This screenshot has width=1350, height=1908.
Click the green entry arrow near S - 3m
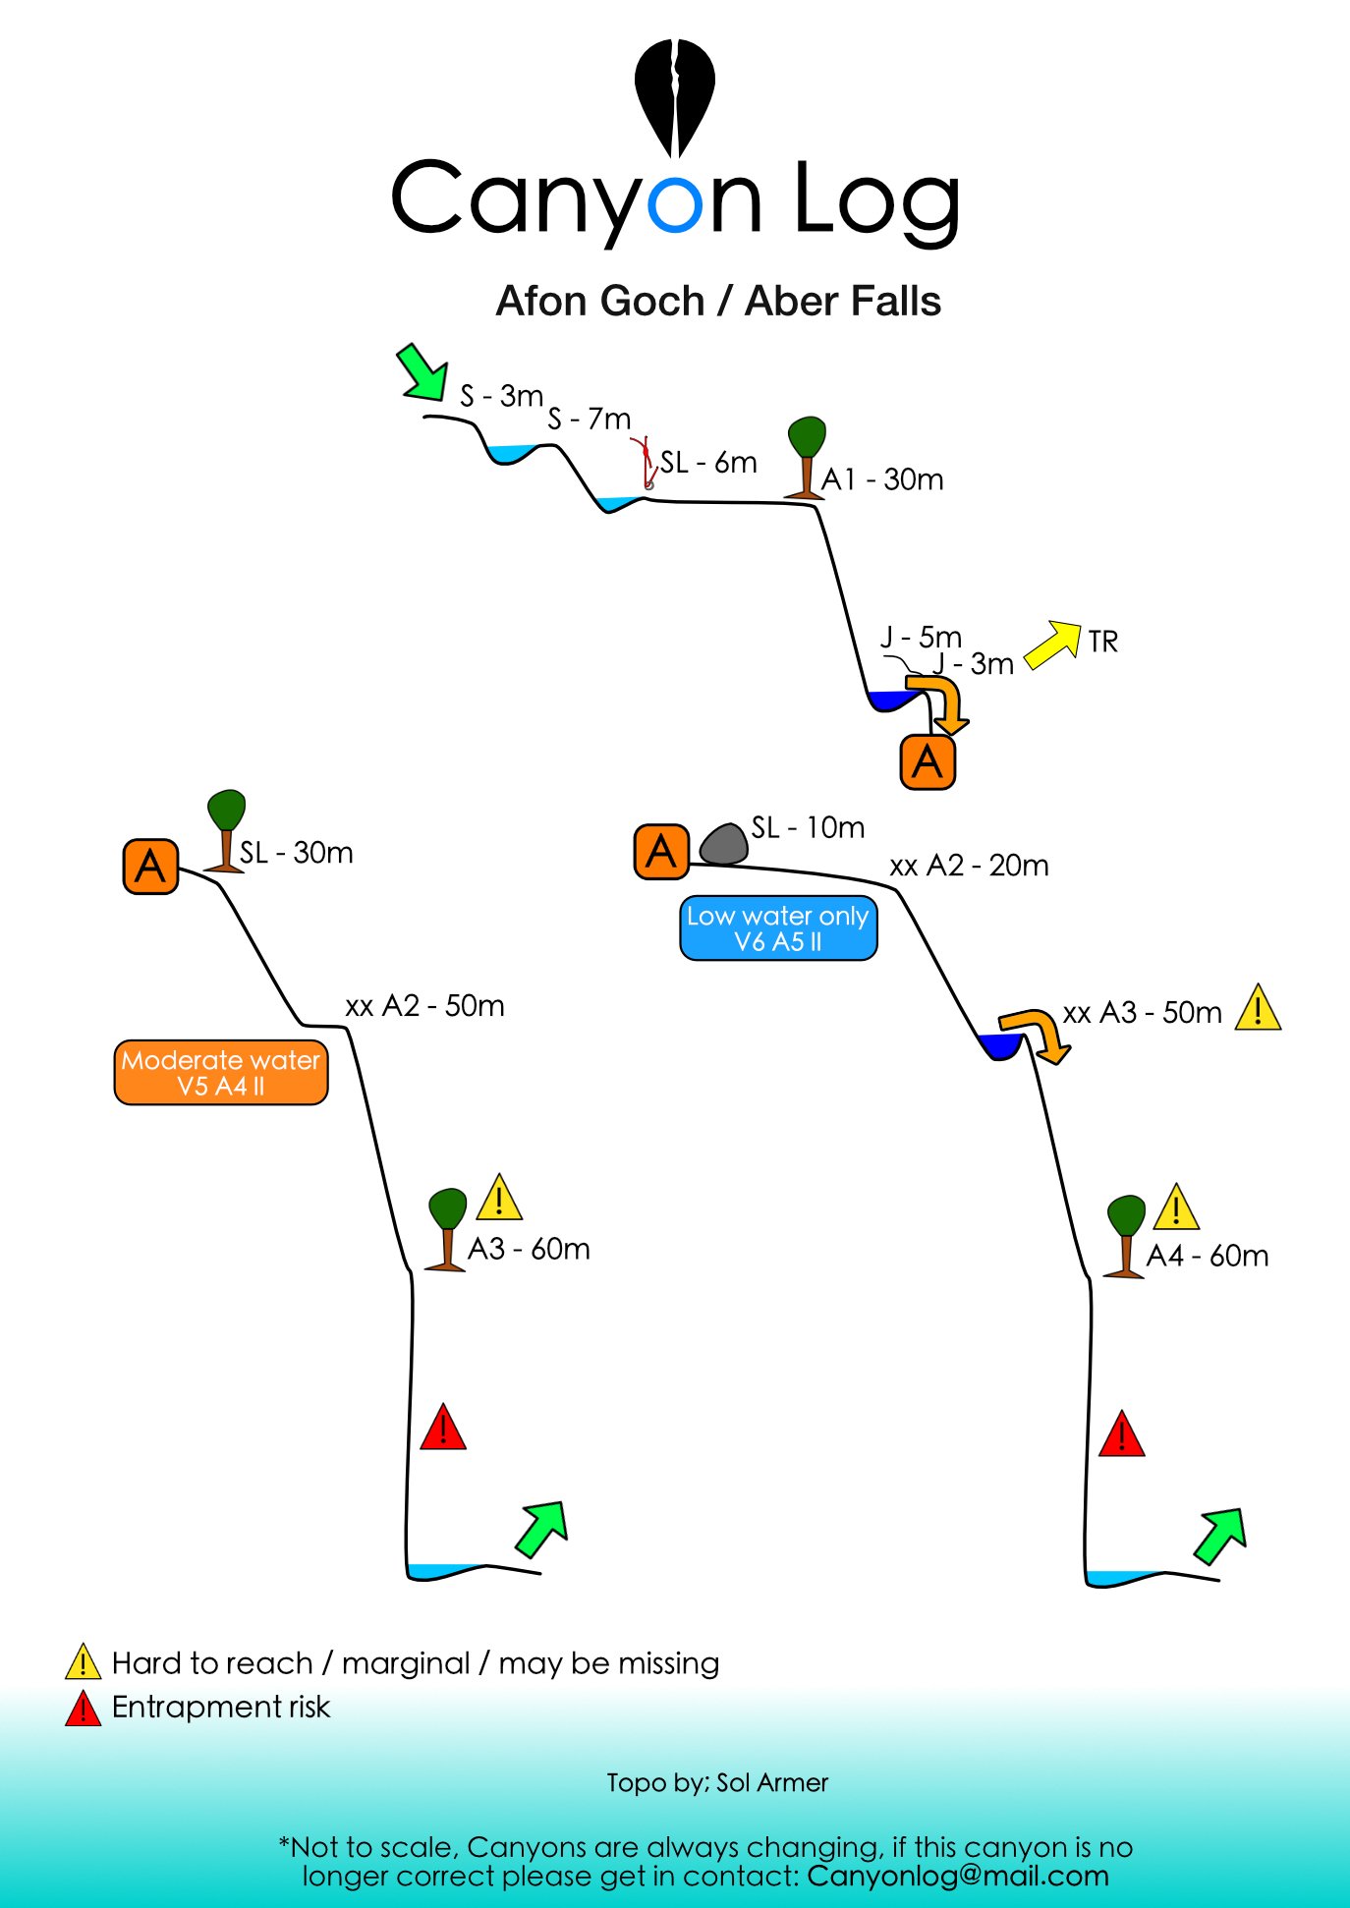(x=422, y=372)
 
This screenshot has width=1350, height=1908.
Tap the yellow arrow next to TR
(x=1052, y=645)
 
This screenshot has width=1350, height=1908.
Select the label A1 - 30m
(x=882, y=479)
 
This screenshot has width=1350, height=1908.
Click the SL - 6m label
(x=708, y=462)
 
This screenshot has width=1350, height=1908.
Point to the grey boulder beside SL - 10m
(x=724, y=844)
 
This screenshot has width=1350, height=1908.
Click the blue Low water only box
(x=778, y=928)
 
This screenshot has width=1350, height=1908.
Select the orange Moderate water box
(x=221, y=1073)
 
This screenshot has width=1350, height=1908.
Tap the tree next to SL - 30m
(x=226, y=830)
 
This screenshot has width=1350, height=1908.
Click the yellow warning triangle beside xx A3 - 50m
(x=1258, y=1008)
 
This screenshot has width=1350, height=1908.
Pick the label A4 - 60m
(x=1208, y=1256)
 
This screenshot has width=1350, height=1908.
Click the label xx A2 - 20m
(x=969, y=866)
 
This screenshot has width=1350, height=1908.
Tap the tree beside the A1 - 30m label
(x=807, y=458)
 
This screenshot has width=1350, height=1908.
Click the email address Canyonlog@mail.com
(x=958, y=1876)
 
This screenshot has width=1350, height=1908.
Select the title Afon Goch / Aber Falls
(x=718, y=301)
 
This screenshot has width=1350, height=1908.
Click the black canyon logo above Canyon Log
(x=674, y=96)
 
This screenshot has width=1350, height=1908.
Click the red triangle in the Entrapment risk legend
(x=84, y=1709)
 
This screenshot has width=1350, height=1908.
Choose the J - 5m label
(x=921, y=637)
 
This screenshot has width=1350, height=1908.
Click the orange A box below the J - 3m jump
(x=928, y=761)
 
